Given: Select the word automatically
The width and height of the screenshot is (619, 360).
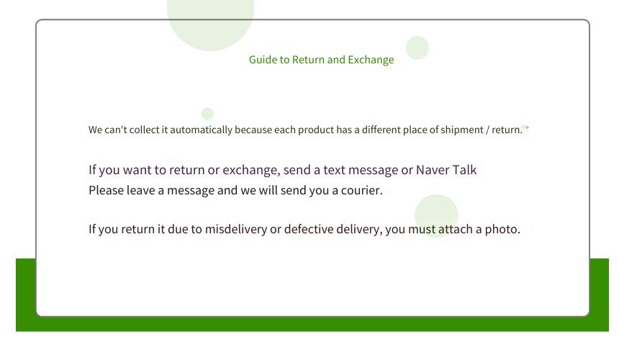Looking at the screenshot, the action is pyautogui.click(x=201, y=130).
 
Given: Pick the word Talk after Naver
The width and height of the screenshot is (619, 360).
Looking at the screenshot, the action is pyautogui.click(x=464, y=170).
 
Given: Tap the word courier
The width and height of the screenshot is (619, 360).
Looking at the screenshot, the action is pyautogui.click(x=361, y=190).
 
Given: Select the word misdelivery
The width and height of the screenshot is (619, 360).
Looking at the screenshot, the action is pyautogui.click(x=236, y=229).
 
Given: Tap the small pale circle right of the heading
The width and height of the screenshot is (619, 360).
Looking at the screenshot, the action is pyautogui.click(x=417, y=48).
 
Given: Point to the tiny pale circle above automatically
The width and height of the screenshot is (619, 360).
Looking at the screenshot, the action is pyautogui.click(x=207, y=114).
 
